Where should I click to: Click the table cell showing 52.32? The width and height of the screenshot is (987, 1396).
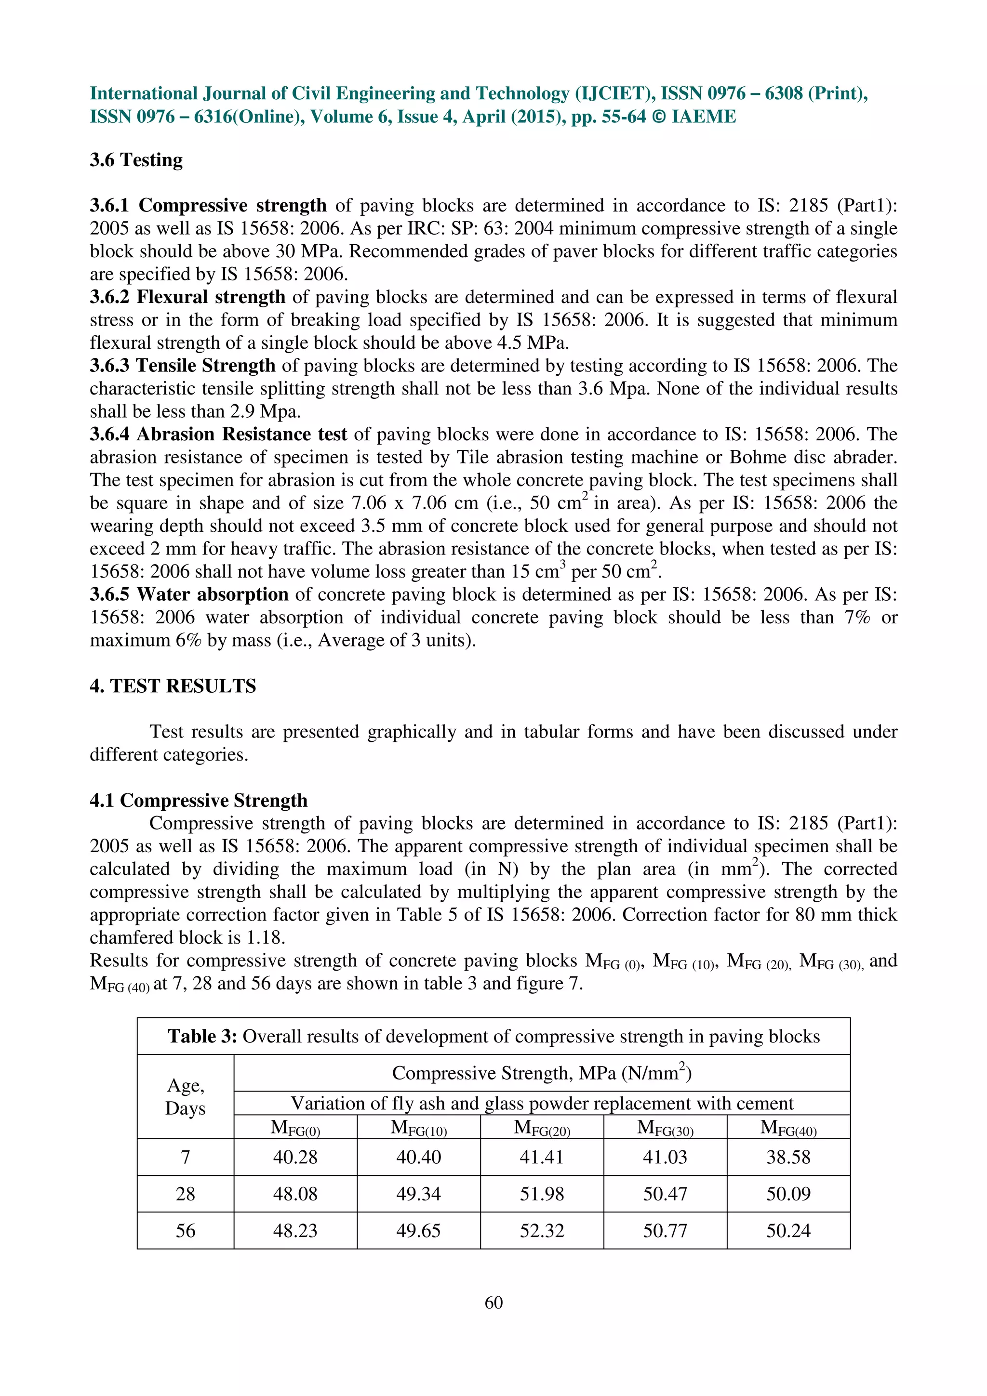click(x=541, y=1231)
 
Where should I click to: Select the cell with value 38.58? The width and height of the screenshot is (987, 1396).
click(x=788, y=1157)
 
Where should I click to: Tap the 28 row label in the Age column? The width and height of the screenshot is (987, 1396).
click(x=185, y=1194)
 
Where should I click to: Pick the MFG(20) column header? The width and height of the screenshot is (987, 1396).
click(x=541, y=1128)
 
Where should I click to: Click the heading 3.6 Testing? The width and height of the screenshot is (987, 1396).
click(x=136, y=160)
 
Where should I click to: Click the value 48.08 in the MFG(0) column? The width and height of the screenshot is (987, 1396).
click(x=295, y=1194)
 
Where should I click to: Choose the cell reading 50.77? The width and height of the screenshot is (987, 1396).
click(x=665, y=1231)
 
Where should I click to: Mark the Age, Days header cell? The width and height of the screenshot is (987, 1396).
click(x=185, y=1097)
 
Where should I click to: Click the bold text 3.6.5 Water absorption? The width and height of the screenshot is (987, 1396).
click(x=189, y=594)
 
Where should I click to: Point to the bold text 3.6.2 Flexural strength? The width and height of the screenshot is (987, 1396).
click(x=187, y=297)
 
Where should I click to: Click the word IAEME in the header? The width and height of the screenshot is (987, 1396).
click(x=703, y=116)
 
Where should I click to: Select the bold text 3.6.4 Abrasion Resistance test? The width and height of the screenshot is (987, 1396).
click(x=218, y=434)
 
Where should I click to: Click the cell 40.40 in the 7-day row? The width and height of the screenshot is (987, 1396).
click(x=418, y=1157)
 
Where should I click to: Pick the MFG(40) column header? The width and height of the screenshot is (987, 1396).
click(x=788, y=1128)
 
